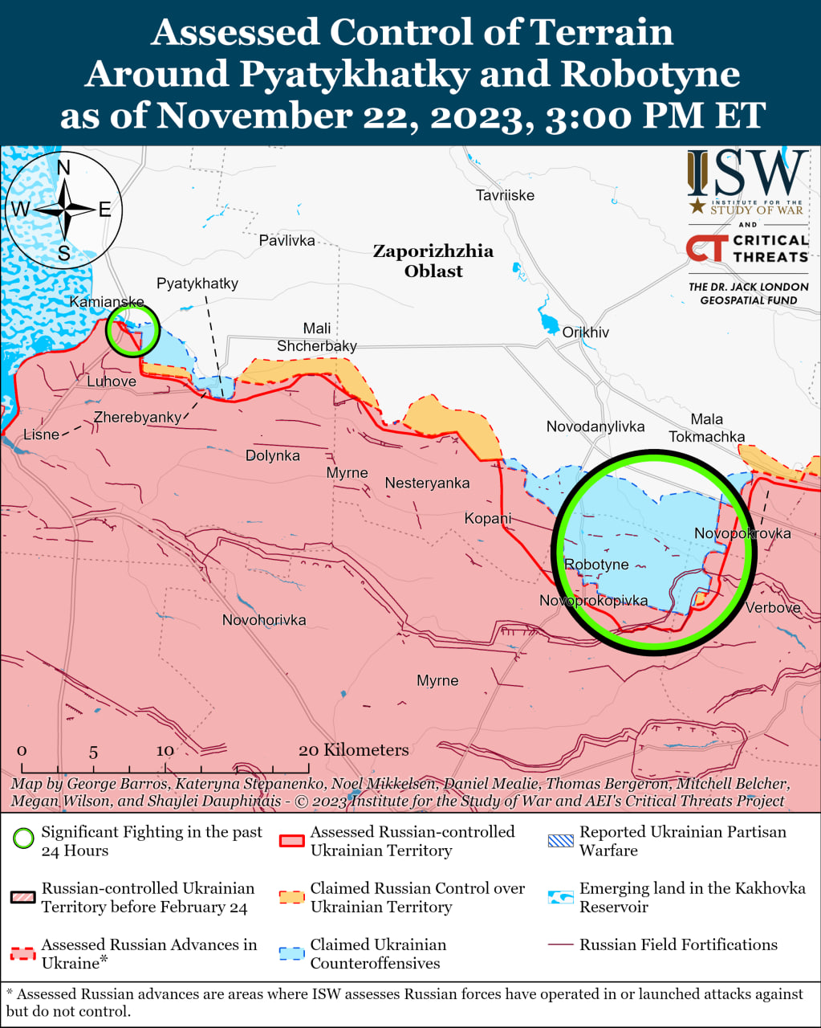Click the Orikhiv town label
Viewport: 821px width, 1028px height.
click(585, 332)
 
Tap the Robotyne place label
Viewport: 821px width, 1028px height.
click(596, 565)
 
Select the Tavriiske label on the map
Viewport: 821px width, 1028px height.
click(505, 195)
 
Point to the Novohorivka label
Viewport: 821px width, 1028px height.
click(264, 620)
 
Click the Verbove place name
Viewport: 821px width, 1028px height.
click(772, 608)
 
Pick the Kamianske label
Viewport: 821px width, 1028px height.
click(107, 302)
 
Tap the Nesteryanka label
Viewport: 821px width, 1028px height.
click(427, 483)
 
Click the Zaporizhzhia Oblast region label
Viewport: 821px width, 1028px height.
click(433, 261)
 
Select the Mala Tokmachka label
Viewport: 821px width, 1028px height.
click(706, 428)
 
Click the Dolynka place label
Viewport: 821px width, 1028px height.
click(273, 455)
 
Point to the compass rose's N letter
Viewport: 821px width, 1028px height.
click(64, 168)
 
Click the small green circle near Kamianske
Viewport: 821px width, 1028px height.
click(133, 330)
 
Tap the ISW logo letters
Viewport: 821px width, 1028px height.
click(747, 173)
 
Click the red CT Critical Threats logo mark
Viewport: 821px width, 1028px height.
click(706, 248)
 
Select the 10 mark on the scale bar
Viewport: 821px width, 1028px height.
click(165, 751)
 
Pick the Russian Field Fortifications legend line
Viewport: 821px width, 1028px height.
click(561, 945)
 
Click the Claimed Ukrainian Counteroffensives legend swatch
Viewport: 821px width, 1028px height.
click(292, 953)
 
